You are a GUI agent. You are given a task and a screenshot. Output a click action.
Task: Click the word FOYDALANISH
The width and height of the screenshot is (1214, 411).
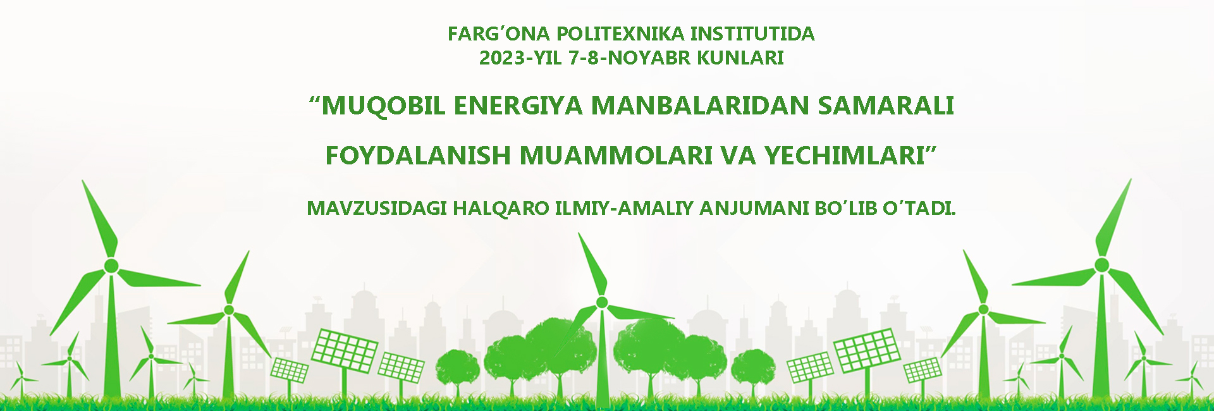coord(418,156)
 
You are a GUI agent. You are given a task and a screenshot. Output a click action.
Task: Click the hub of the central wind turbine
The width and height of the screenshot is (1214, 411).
coord(601,302)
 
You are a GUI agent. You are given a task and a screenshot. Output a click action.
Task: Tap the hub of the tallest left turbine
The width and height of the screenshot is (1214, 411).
coord(111,265)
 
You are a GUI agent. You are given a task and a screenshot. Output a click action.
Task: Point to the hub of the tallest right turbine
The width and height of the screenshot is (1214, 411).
coord(1101,264)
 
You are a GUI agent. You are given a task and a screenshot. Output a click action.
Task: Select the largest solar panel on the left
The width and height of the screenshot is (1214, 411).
coord(345,351)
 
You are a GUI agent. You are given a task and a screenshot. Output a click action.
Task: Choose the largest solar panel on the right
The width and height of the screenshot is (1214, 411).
coord(867,350)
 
